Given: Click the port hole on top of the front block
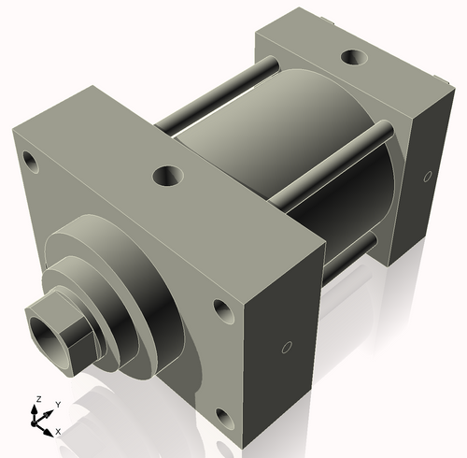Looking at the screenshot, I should (168, 175).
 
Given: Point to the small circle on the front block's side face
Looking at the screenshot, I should (287, 349).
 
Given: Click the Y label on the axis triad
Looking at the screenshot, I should (58, 404).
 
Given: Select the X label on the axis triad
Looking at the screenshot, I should (59, 431).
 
